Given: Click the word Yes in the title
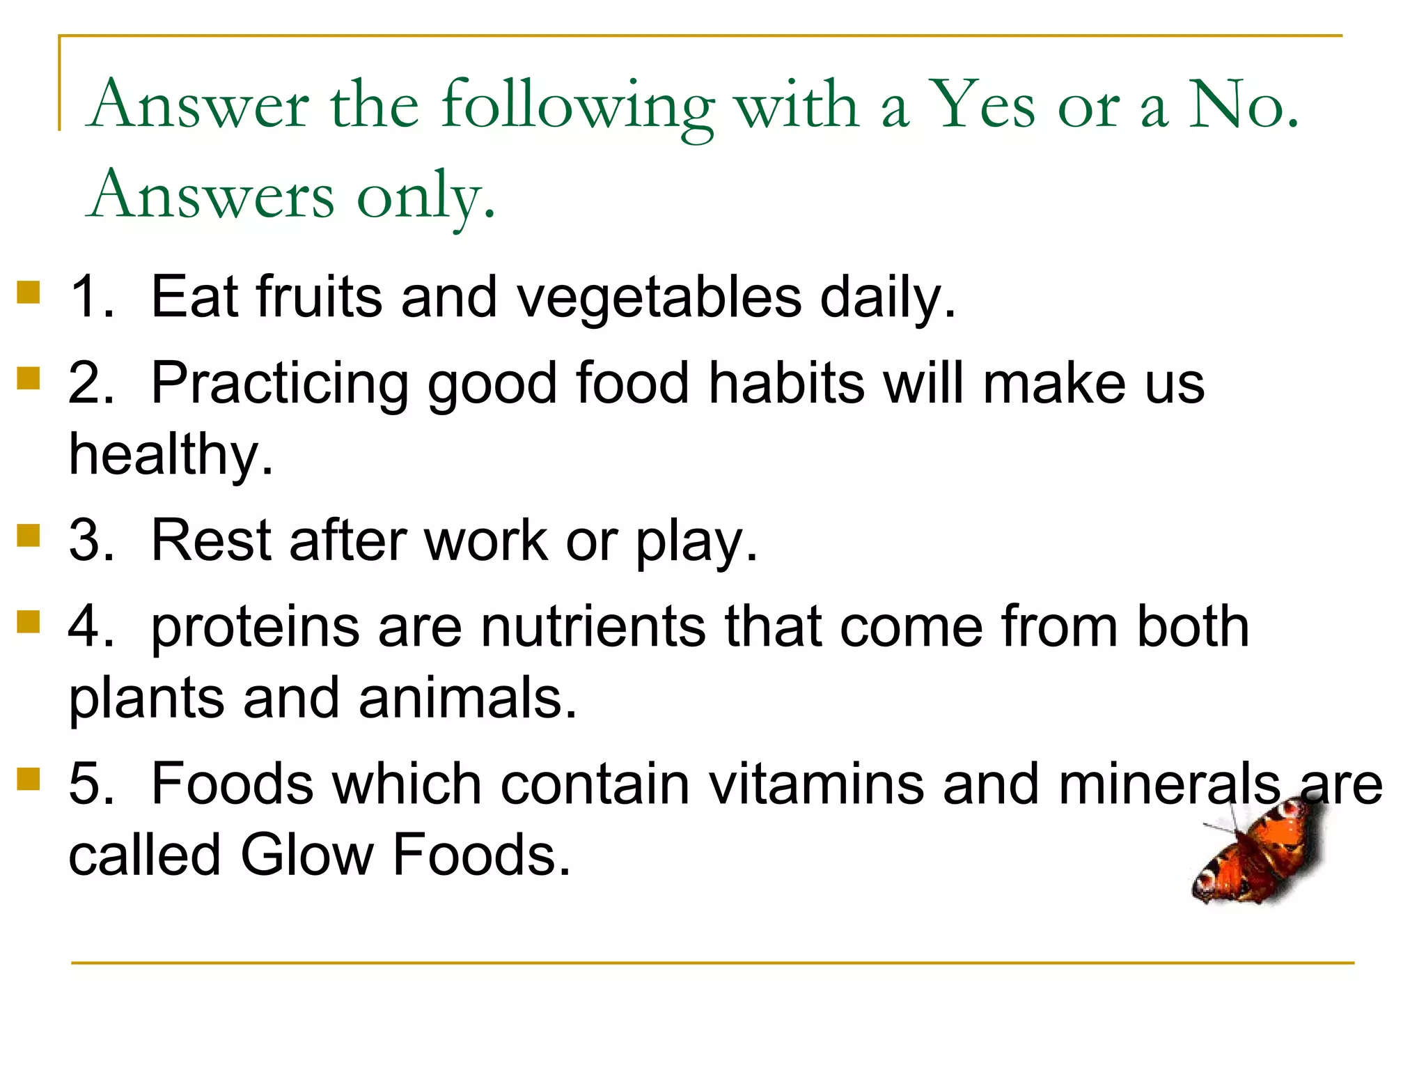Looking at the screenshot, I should [x=982, y=104].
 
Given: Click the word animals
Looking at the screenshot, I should [x=468, y=698].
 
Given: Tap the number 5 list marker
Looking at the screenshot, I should [x=91, y=784].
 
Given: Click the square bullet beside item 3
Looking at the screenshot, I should [x=29, y=536].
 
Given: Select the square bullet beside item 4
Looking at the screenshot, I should [x=29, y=622].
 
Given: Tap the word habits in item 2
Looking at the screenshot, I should [x=787, y=383].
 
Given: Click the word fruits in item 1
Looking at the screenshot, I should [x=320, y=297].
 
